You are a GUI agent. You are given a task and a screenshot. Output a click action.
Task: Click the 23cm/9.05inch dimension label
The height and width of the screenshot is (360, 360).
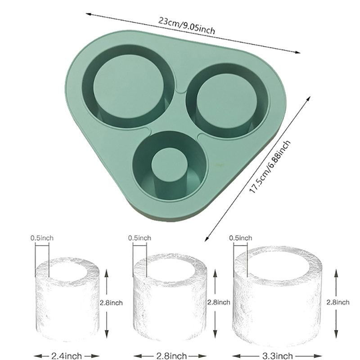tap(186, 26)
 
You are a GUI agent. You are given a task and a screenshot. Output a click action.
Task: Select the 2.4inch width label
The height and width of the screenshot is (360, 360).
tap(67, 356)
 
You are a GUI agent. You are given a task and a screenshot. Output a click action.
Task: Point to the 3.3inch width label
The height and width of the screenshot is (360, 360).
tap(277, 356)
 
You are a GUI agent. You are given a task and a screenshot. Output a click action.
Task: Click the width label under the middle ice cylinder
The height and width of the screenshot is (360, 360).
tap(171, 356)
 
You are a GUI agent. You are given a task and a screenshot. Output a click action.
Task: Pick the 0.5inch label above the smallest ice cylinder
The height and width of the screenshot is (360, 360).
tap(42, 238)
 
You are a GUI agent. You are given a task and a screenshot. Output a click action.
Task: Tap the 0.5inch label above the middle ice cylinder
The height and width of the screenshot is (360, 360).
tap(139, 238)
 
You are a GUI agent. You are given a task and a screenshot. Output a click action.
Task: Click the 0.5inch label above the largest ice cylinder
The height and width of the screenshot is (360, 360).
tap(240, 238)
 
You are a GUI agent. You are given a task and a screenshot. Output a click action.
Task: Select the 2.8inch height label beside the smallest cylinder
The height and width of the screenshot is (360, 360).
tap(111, 303)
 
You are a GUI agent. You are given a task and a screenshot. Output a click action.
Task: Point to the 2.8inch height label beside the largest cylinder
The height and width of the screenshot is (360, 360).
tap(338, 302)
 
